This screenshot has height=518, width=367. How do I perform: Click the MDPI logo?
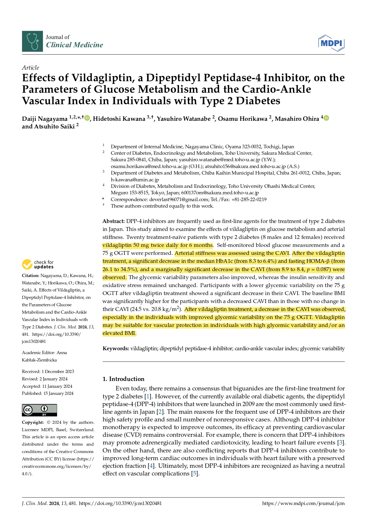332,43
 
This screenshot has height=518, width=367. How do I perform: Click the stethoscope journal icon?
32,41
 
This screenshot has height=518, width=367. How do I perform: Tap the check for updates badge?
38,264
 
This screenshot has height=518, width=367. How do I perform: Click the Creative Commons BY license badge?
39,410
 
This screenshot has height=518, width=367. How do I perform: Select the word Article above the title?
30,68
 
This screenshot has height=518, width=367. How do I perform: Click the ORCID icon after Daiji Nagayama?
87,118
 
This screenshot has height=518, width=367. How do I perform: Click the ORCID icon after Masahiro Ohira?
326,118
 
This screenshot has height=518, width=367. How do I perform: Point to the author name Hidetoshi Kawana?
119,119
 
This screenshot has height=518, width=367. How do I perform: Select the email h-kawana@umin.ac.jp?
135,180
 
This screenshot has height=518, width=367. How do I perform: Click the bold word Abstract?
114,221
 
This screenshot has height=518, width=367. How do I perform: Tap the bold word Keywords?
116,348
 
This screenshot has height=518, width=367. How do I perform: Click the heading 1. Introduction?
123,379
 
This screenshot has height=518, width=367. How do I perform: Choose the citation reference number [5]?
195,473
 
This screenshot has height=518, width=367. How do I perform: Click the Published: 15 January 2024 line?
48,393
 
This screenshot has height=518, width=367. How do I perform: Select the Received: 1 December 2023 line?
48,372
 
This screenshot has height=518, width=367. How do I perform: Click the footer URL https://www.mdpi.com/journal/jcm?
303,504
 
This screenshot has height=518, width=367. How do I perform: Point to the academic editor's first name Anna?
62,353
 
